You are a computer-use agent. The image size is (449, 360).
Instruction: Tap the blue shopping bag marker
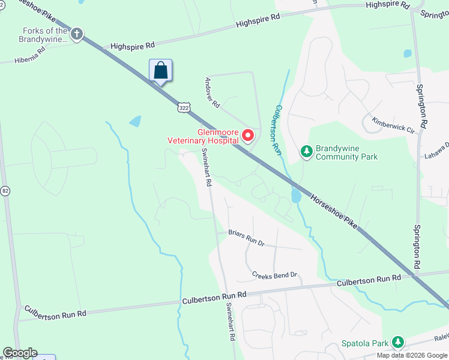(160, 70)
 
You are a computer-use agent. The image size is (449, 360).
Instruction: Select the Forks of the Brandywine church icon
(76, 34)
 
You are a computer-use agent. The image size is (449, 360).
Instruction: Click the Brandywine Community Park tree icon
(307, 151)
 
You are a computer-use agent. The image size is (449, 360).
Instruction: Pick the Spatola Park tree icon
(397, 343)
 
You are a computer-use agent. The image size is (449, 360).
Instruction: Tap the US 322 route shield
(184, 107)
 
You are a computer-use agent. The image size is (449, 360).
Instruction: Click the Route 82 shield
(5, 191)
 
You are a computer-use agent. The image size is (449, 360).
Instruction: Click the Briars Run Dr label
(246, 238)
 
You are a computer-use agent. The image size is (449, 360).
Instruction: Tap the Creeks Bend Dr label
(274, 275)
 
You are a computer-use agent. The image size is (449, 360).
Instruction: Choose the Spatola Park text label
(365, 343)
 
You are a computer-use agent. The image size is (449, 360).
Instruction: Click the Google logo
(20, 353)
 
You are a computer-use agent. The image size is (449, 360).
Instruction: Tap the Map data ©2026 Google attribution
(412, 355)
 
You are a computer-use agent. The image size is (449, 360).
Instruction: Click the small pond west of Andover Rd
(135, 121)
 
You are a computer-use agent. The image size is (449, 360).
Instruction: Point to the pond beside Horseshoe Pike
(295, 196)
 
